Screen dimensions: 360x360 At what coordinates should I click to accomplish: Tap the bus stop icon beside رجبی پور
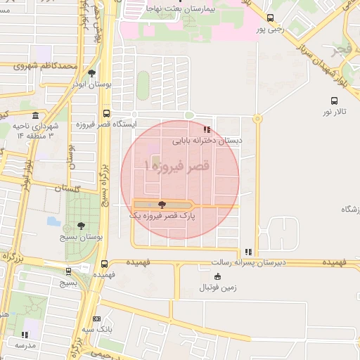[271, 18]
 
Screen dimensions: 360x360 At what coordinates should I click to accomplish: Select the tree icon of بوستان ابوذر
[91, 73]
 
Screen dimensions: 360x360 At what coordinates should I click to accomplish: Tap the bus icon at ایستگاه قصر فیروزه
[106, 113]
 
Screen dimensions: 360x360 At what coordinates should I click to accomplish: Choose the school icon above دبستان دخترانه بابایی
[206, 129]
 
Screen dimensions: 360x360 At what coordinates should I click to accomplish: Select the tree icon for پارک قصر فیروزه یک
[162, 205]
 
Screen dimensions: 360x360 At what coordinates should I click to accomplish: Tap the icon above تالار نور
[335, 101]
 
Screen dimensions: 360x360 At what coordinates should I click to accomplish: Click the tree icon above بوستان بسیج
[82, 226]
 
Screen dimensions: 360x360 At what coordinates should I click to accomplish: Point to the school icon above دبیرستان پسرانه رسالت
[247, 252]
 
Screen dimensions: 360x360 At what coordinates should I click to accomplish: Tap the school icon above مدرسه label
[25, 335]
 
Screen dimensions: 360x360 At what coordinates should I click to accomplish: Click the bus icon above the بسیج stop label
[68, 271]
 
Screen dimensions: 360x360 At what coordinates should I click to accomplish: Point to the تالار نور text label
[335, 112]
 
